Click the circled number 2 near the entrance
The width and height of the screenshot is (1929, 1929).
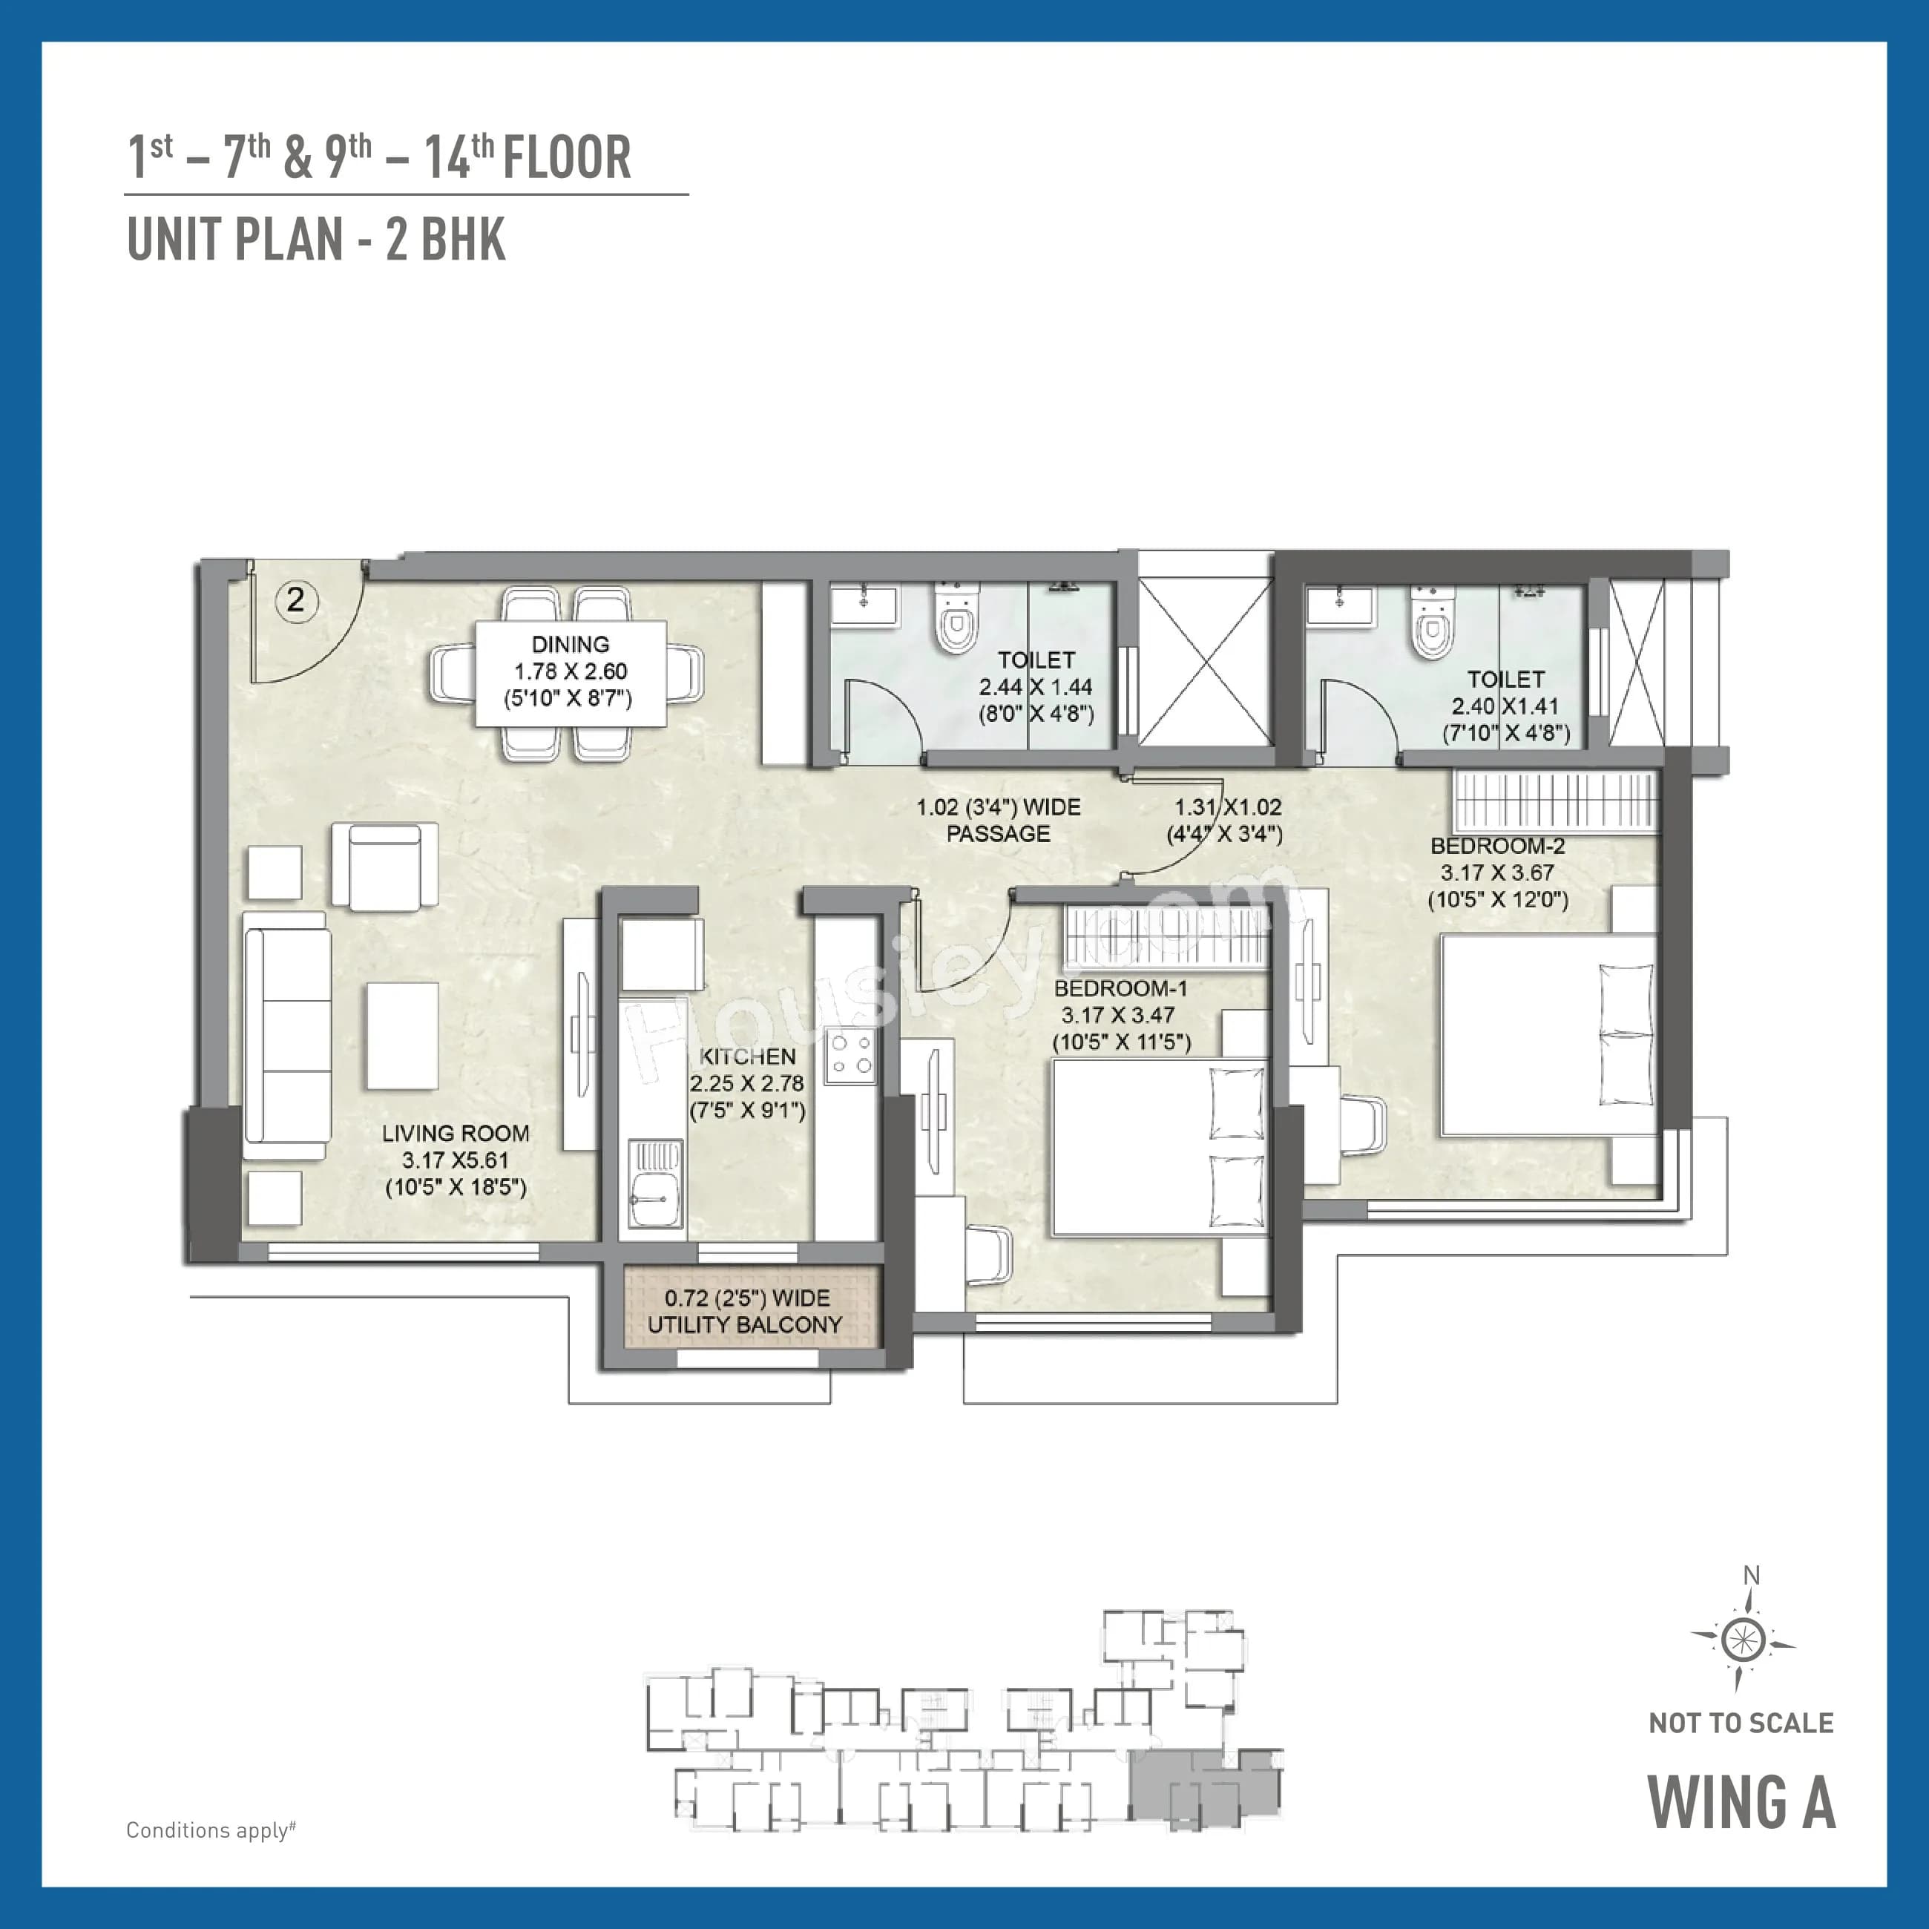295,600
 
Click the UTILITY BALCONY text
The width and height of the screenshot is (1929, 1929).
745,1325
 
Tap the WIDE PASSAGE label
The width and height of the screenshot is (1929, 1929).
999,820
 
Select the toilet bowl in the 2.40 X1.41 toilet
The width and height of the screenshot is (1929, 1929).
1433,626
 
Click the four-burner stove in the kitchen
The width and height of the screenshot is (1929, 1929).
851,1056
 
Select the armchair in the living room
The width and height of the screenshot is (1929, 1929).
384,866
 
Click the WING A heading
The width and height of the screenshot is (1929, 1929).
1741,1803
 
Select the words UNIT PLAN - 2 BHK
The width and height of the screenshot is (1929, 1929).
315,240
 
